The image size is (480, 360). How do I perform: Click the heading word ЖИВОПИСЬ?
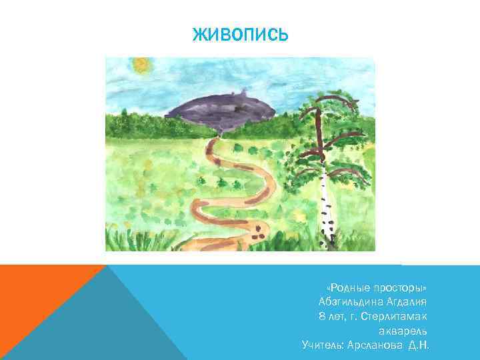pos(240,35)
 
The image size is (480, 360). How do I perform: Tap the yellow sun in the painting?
pos(141,65)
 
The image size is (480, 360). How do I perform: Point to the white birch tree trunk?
pos(325,200)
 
